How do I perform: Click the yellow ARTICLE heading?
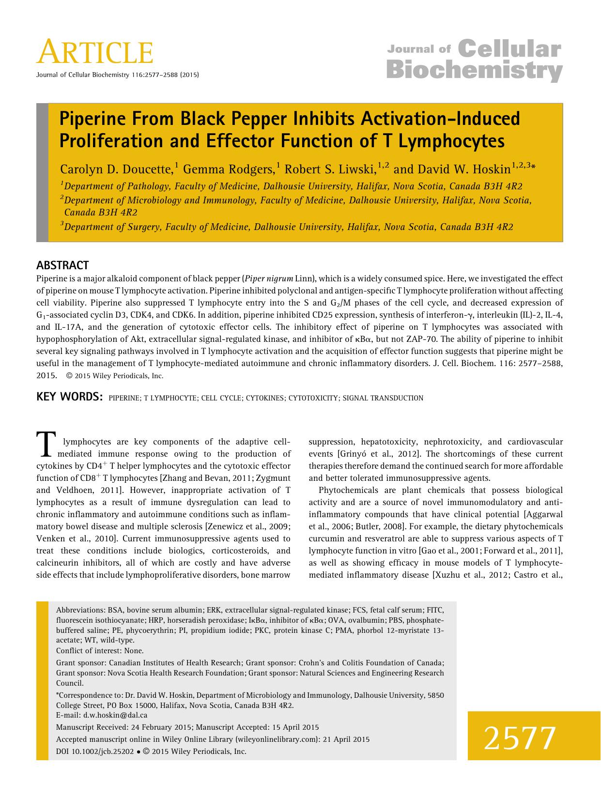tap(95, 52)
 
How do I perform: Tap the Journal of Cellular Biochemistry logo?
tap(474, 61)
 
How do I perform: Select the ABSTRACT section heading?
tap(62, 265)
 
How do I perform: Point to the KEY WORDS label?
tap(69, 398)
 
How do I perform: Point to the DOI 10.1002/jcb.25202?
tap(95, 752)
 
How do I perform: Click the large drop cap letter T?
tap(45, 444)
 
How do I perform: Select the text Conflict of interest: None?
tap(100, 651)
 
